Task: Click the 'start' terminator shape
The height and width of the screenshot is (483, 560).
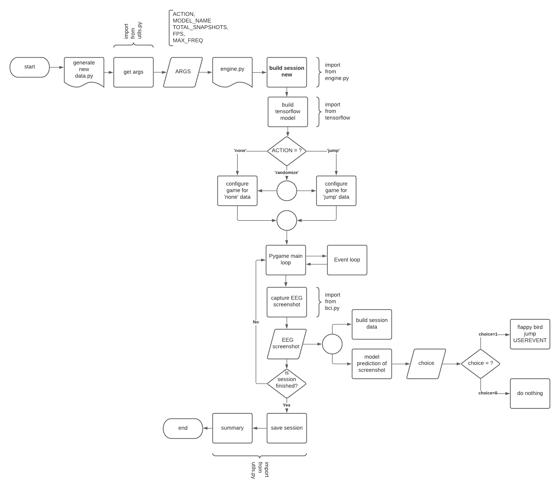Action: pyautogui.click(x=29, y=67)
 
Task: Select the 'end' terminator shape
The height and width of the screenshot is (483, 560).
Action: pyautogui.click(x=183, y=428)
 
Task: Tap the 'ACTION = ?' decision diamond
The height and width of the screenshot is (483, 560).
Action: pyautogui.click(x=287, y=151)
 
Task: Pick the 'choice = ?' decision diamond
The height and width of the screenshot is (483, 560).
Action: pyautogui.click(x=480, y=363)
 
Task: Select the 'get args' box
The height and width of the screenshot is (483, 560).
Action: pyautogui.click(x=133, y=72)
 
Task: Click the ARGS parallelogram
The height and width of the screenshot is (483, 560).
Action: pyautogui.click(x=183, y=72)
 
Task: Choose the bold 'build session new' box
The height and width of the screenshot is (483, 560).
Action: pyautogui.click(x=287, y=72)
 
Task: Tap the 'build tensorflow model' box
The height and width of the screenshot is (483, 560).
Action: pyautogui.click(x=288, y=111)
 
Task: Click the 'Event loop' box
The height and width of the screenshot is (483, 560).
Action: pyautogui.click(x=347, y=260)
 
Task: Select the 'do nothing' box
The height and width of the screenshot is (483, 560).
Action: pyautogui.click(x=530, y=393)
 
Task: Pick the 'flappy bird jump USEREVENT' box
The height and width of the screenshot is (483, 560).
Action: pyautogui.click(x=530, y=334)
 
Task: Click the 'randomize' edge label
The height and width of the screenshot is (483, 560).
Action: pyautogui.click(x=287, y=172)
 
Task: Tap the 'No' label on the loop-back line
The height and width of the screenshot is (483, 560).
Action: pyautogui.click(x=256, y=322)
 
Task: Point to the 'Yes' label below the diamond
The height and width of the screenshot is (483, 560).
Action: pyautogui.click(x=287, y=405)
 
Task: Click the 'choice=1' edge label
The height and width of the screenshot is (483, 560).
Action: pyautogui.click(x=488, y=334)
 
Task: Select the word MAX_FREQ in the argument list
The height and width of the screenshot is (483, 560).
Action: pyautogui.click(x=188, y=41)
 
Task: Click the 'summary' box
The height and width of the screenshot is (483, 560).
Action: pyautogui.click(x=232, y=428)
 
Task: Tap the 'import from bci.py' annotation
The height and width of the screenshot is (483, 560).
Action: pyautogui.click(x=333, y=302)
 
